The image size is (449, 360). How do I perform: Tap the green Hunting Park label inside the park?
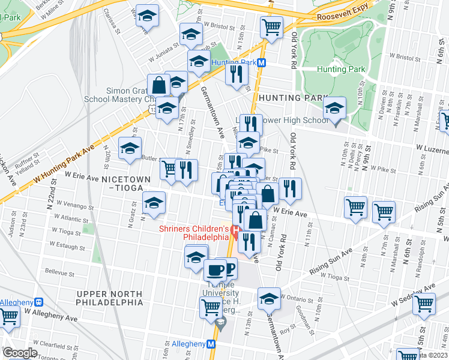point(342,69)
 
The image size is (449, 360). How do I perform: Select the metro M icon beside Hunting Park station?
point(263,62)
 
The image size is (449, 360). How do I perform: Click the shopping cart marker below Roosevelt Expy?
point(271,27)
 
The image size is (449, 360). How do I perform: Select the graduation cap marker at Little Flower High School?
point(334,110)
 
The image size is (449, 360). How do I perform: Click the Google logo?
point(20,353)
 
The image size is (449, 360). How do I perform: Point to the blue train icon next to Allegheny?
point(40,302)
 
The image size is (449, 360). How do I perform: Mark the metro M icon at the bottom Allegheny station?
point(211,344)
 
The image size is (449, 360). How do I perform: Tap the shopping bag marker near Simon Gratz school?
point(160,86)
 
